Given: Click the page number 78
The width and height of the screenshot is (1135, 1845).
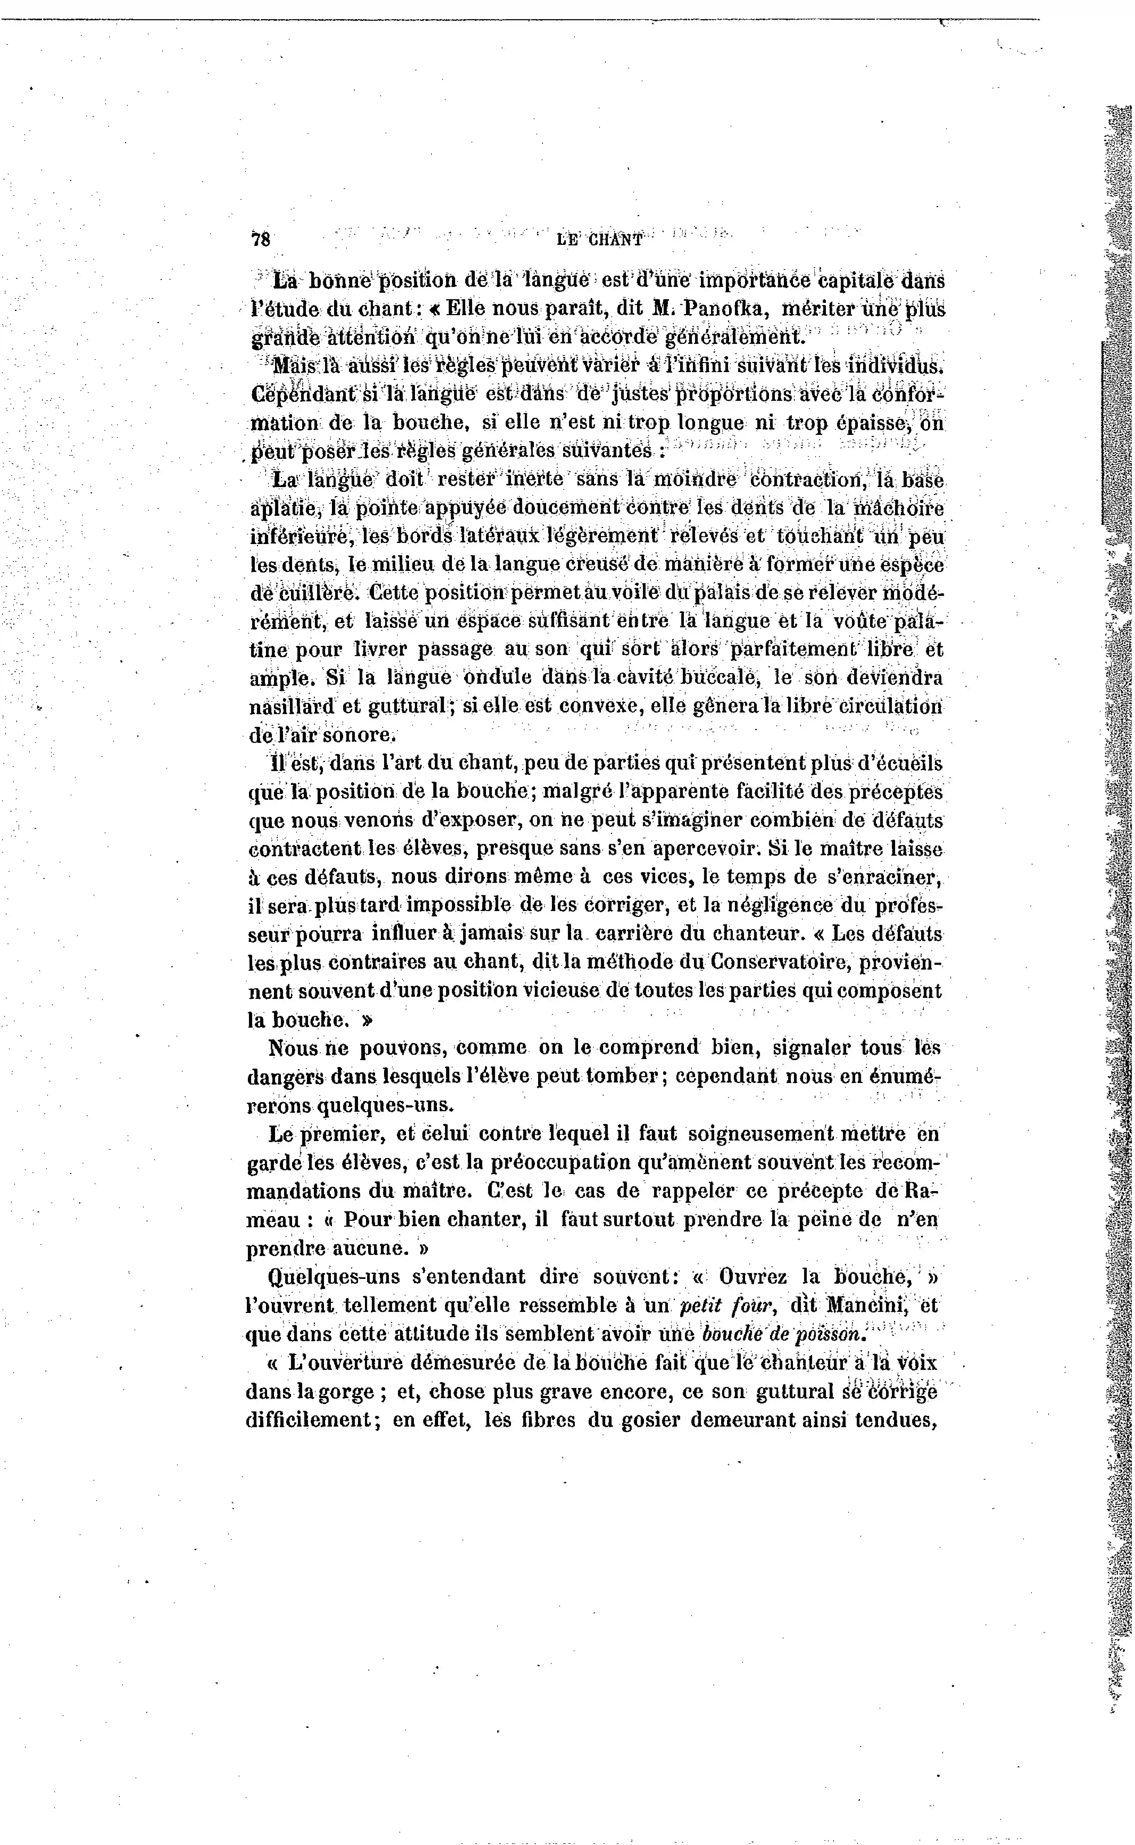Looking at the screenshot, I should click(260, 240).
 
